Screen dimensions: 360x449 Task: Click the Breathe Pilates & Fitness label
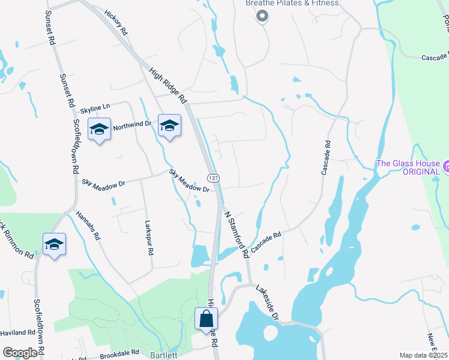pyautogui.click(x=292, y=4)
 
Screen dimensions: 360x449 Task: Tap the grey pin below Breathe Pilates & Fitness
pyautogui.click(x=262, y=17)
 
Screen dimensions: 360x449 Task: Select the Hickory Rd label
pyautogui.click(x=116, y=22)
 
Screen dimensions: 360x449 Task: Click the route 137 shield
pyautogui.click(x=213, y=179)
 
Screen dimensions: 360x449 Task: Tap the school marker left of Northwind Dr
pyautogui.click(x=100, y=129)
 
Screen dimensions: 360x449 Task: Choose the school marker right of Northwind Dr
pyautogui.click(x=169, y=125)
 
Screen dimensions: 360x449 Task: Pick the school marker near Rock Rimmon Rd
pyautogui.click(x=54, y=244)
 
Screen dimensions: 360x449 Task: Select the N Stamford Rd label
pyautogui.click(x=237, y=232)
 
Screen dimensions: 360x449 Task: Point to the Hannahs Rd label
pyautogui.click(x=88, y=225)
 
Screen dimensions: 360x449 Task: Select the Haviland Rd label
pyautogui.click(x=17, y=332)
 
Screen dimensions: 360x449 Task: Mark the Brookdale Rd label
pyautogui.click(x=119, y=353)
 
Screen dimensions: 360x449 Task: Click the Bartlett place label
pyautogui.click(x=164, y=355)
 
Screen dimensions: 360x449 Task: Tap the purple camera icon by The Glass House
pyautogui.click(x=445, y=164)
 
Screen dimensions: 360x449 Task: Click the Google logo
pyautogui.click(x=20, y=353)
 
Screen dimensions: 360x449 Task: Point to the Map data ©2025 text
pyautogui.click(x=423, y=355)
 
